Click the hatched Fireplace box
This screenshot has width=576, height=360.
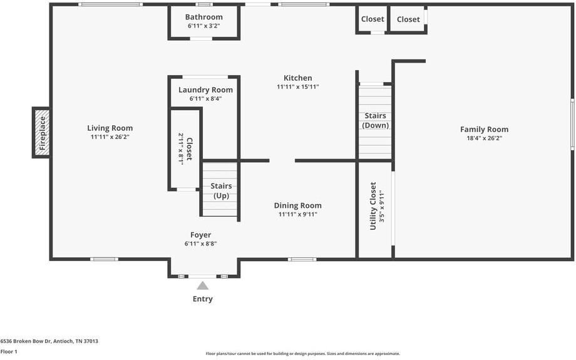point(42,132)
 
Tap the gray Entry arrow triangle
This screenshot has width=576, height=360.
point(202,285)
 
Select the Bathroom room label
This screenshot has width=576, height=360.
point(204,17)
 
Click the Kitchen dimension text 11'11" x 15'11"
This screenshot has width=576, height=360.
point(298,86)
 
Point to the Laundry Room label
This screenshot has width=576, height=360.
point(206,90)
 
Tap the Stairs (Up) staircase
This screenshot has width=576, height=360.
point(220,190)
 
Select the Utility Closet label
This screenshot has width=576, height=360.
point(373,206)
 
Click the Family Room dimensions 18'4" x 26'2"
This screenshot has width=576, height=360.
point(484,138)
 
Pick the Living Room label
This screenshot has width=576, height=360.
point(110,128)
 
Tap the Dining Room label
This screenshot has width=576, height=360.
point(297,205)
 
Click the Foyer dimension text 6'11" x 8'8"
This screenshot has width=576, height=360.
point(200,244)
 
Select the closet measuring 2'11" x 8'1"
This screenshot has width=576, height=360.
point(185,149)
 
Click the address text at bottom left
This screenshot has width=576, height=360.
point(49,341)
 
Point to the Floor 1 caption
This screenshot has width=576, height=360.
point(9,352)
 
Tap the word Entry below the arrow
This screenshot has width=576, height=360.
point(202,299)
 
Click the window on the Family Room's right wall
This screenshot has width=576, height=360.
point(572,124)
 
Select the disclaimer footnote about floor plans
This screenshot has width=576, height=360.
point(302,354)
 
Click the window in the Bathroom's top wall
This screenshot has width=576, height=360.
point(204,4)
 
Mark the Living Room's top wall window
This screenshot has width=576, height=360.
point(110,4)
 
